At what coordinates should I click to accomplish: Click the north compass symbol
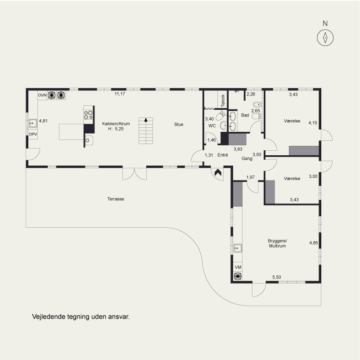[325, 38]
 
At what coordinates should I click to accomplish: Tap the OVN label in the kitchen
[42, 95]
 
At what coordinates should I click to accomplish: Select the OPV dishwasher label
[33, 134]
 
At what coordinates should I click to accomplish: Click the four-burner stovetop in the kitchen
[88, 115]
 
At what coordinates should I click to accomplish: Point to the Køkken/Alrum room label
[116, 123]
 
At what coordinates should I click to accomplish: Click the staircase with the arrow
[146, 130]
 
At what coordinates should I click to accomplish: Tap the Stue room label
[179, 125]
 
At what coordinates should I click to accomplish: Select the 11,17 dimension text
[120, 94]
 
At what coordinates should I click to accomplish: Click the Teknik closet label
[223, 101]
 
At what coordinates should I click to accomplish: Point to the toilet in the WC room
[220, 116]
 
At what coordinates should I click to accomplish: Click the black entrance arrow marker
[218, 172]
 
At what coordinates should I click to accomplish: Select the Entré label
[223, 155]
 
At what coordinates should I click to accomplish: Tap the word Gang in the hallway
[247, 158]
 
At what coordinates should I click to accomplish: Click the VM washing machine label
[238, 267]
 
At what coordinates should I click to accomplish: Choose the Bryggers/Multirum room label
[277, 243]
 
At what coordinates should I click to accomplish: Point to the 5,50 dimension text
[277, 277]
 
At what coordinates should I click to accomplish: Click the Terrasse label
[116, 199]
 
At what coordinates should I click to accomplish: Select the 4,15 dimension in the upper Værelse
[313, 123]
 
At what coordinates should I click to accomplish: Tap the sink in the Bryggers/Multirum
[238, 248]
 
